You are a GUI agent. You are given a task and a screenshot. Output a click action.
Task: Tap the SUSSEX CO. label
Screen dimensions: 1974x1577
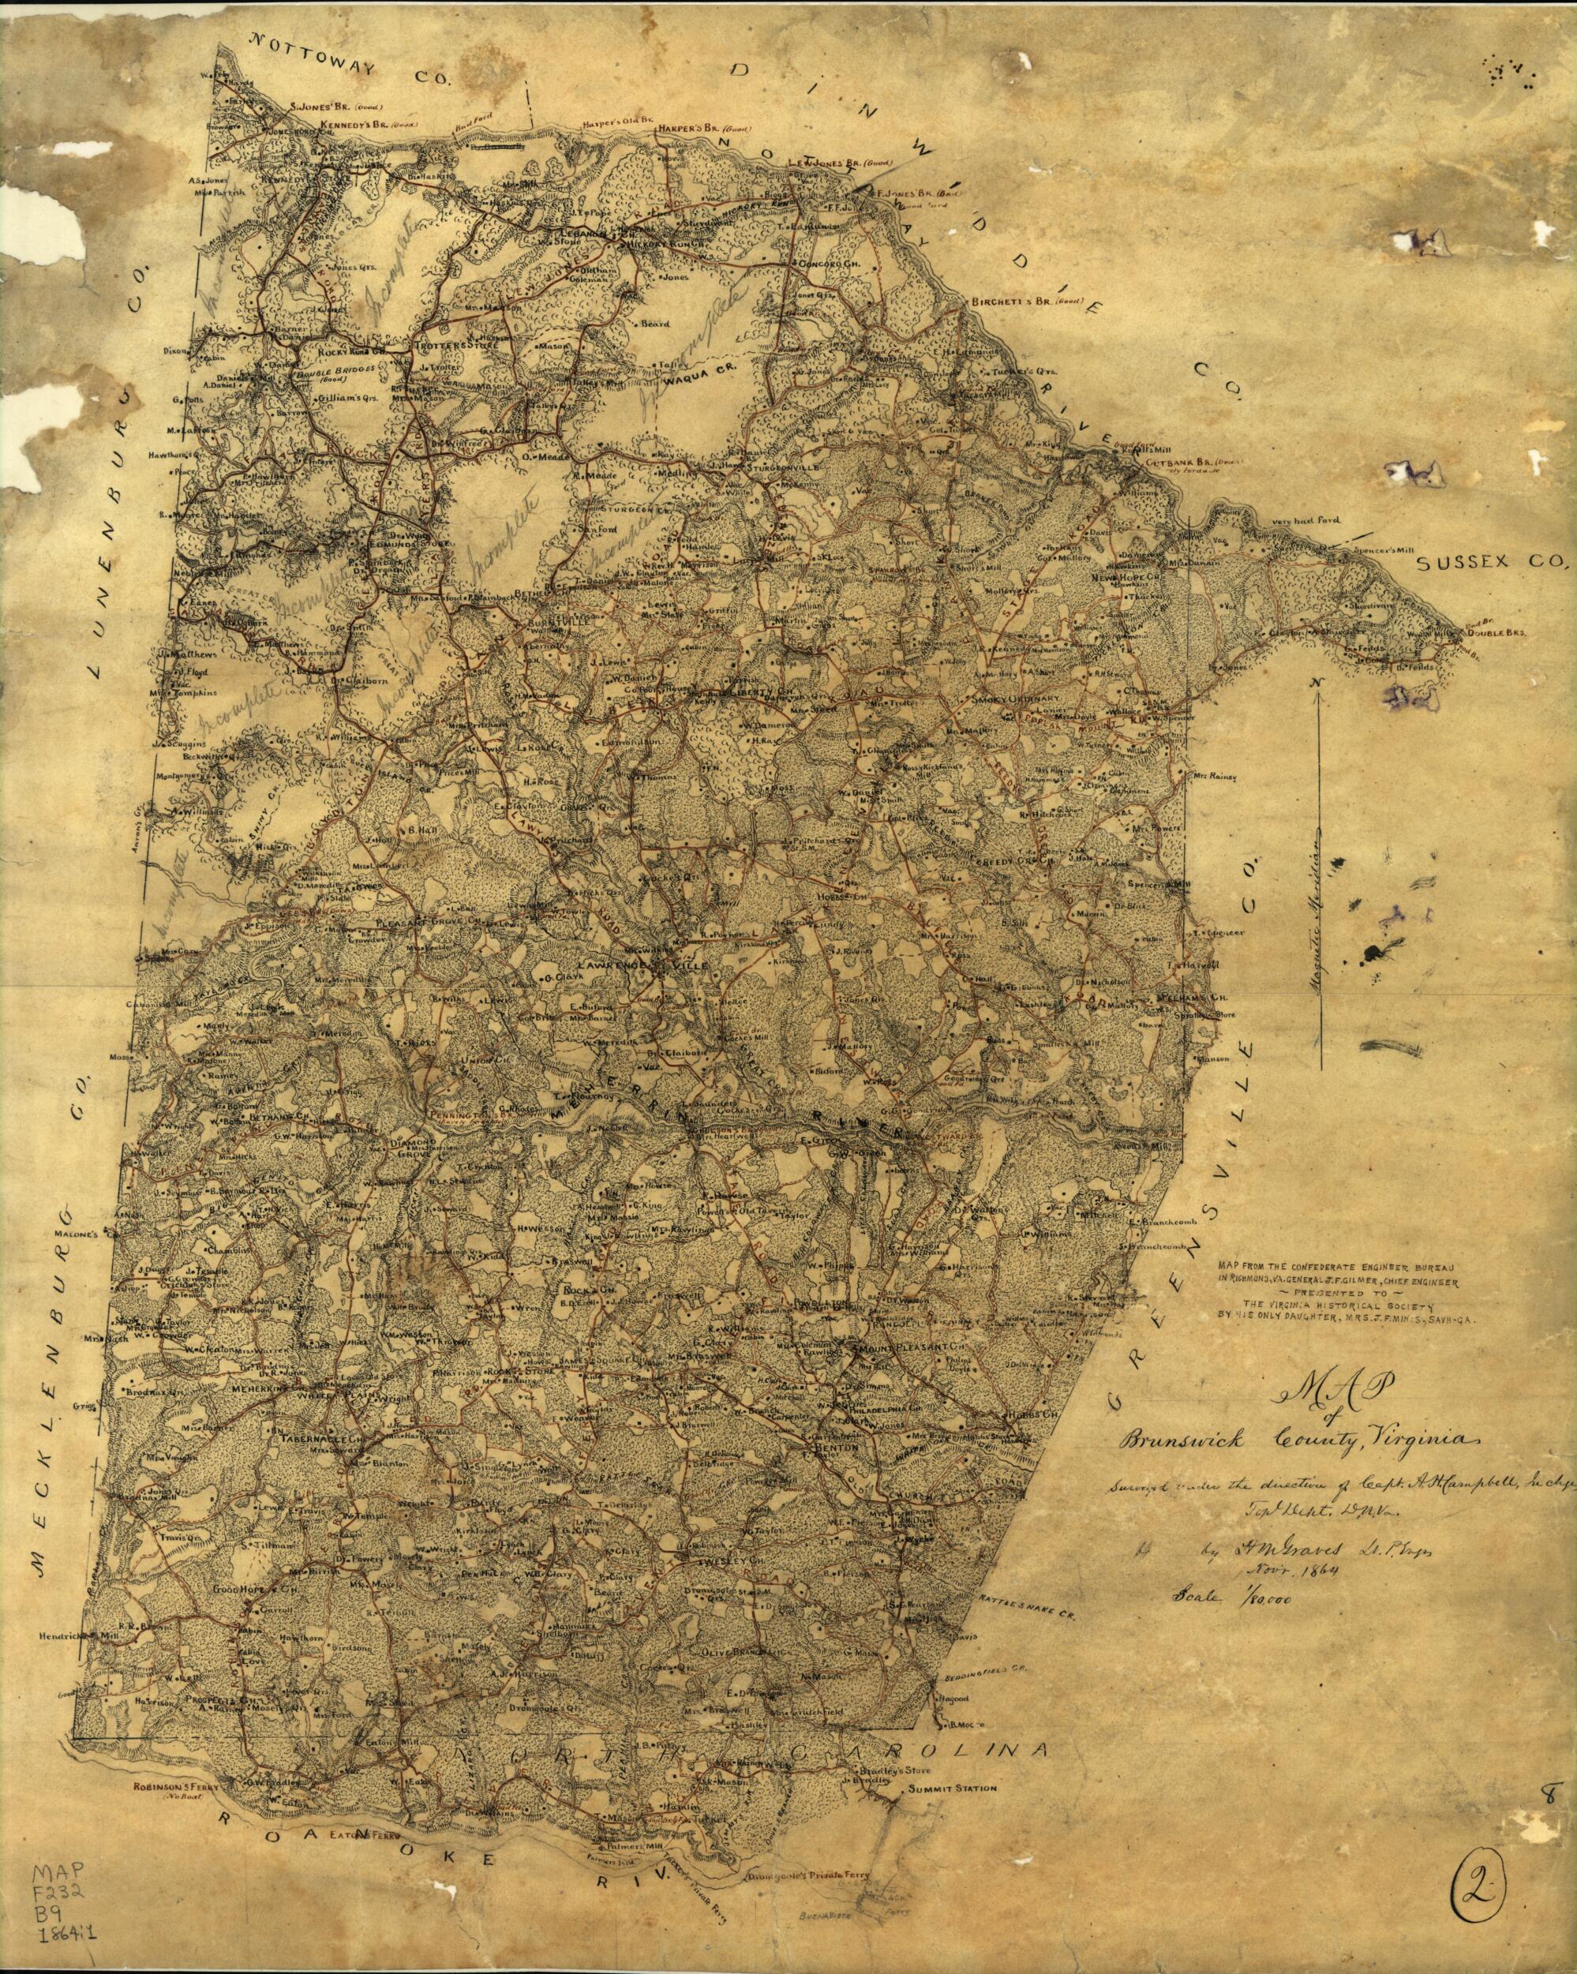[x=1493, y=566]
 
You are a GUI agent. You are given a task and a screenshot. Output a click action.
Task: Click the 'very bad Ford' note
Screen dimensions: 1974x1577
[x=1305, y=520]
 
